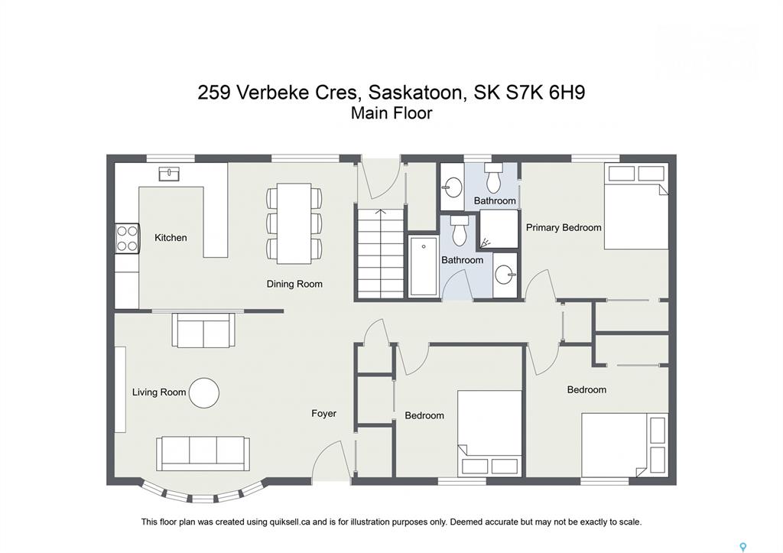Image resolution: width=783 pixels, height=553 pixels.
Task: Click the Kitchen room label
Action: tap(171, 238)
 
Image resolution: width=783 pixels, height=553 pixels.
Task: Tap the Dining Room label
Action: tap(294, 284)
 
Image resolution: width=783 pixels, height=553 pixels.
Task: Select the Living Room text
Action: tap(159, 392)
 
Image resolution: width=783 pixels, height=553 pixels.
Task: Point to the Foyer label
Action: tap(323, 413)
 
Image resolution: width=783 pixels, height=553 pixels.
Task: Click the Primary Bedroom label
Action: tap(564, 228)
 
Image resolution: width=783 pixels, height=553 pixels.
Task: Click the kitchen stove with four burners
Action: tap(128, 239)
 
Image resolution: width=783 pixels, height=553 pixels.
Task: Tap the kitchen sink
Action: tap(169, 174)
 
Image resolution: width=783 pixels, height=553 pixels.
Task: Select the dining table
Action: tap(294, 223)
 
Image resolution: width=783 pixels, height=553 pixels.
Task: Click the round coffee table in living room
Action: tap(203, 392)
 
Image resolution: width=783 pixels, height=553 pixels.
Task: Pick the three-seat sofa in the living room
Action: tap(203, 453)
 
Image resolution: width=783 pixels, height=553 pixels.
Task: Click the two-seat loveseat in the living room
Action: tap(203, 330)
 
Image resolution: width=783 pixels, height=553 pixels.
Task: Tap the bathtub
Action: tap(424, 266)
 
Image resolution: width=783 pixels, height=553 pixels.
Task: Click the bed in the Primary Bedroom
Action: tap(636, 206)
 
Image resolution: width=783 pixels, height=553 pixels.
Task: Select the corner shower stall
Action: tap(499, 229)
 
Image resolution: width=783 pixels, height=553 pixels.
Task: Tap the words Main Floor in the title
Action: tap(391, 113)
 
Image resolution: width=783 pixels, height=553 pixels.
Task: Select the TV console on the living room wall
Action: tap(120, 389)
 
